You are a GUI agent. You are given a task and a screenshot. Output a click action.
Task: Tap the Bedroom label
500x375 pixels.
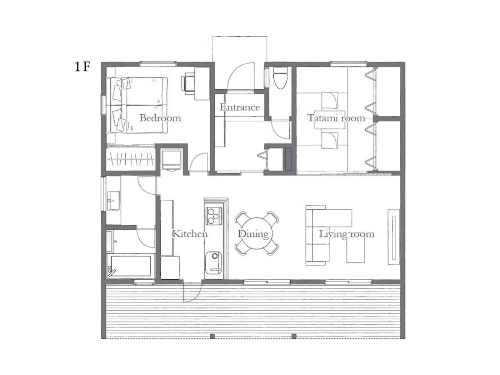coord(160,118)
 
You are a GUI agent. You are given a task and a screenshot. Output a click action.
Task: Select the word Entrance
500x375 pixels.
coord(240,107)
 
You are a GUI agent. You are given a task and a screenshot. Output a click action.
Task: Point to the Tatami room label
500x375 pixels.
coord(336,118)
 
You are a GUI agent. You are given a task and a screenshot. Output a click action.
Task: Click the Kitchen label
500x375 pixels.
coord(190,234)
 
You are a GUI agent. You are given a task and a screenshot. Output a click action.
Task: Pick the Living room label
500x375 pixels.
coord(346,234)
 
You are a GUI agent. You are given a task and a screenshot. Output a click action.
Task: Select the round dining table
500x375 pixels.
coord(256,233)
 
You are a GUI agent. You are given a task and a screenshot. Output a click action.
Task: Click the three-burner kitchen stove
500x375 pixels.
coord(214,216)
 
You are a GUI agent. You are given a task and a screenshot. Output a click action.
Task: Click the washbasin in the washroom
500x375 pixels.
coord(113,200)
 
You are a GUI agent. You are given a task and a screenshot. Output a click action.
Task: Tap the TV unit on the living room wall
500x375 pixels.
coord(394,237)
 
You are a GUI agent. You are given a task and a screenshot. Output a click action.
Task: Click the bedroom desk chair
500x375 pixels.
coord(188,83)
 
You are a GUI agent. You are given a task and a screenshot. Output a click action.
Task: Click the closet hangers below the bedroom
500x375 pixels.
coord(131,159)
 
